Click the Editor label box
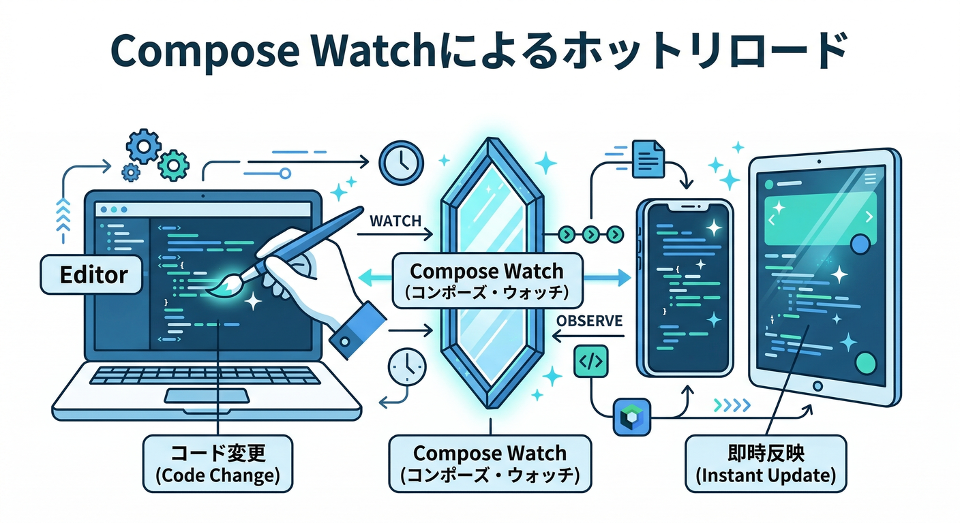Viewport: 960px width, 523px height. click(x=93, y=275)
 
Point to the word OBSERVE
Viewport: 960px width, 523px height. click(x=589, y=321)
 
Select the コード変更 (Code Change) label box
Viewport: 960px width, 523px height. click(x=218, y=464)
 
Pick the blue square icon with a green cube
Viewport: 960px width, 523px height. click(x=631, y=417)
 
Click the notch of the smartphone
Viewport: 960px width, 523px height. click(x=684, y=206)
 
